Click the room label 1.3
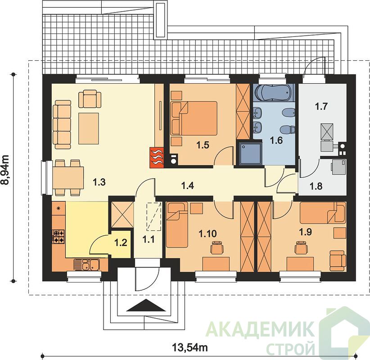point(99,182)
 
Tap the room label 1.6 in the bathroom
point(276,140)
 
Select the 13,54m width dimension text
point(190,347)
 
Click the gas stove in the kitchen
point(58,237)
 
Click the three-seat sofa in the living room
point(62,125)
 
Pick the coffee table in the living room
point(89,128)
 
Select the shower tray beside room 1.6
point(250,153)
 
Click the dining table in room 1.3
point(68,177)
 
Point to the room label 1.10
point(208,234)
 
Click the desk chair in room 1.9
point(301,247)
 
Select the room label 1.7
point(321,107)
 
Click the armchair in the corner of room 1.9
point(338,261)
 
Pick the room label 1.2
point(121,243)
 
